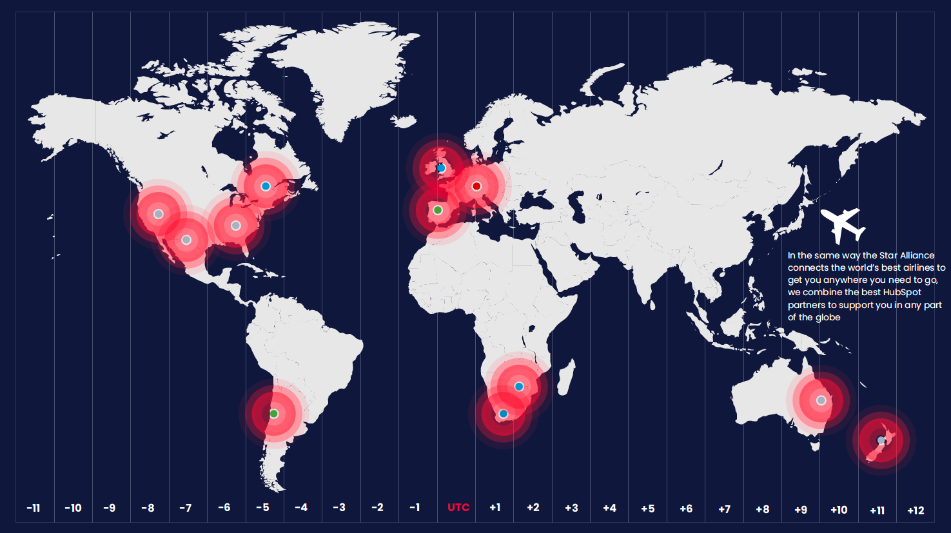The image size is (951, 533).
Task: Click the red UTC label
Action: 458,507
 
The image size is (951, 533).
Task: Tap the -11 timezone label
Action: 34,508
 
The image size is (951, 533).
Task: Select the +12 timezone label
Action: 916,510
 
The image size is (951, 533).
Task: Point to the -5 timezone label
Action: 262,507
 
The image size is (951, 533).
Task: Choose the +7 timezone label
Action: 724,509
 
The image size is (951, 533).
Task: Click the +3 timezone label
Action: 571,508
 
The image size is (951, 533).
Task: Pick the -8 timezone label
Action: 148,508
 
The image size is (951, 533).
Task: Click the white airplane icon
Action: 842,225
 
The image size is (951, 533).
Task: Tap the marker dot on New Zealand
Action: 881,440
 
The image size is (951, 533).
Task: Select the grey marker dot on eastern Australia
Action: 821,400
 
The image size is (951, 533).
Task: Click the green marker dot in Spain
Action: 438,210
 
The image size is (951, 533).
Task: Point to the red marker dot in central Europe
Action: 476,186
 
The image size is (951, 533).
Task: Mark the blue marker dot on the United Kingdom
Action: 441,168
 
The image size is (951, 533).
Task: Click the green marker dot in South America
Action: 273,414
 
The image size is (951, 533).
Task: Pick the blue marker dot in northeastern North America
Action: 265,186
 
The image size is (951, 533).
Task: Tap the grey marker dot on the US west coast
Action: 158,214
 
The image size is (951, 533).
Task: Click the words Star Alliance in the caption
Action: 907,255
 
